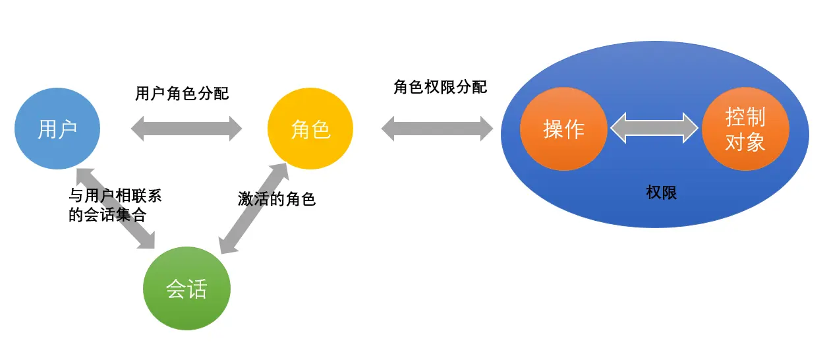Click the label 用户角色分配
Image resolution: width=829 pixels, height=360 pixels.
[182, 94]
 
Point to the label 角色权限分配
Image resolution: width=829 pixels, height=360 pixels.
[440, 87]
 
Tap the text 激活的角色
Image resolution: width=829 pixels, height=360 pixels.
[277, 199]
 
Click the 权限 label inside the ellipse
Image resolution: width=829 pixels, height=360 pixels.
[661, 193]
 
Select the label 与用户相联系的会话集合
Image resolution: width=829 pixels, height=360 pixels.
[115, 205]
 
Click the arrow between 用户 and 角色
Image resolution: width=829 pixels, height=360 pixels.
[186, 128]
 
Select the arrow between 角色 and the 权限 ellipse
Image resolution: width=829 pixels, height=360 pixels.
[437, 128]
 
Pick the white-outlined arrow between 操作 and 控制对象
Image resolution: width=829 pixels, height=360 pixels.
[654, 127]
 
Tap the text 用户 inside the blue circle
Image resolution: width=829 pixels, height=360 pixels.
[57, 129]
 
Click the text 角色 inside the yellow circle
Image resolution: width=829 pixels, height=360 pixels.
[310, 129]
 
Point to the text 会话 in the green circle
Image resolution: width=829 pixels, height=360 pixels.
[186, 289]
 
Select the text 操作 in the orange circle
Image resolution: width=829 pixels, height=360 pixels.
[563, 129]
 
